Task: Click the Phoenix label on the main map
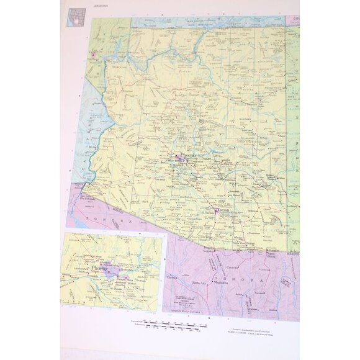click(187, 152)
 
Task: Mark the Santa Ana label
click(199, 282)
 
